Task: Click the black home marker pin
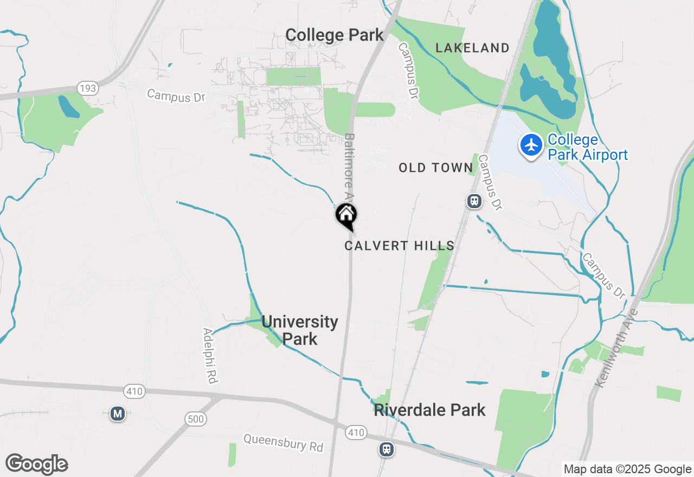point(346,216)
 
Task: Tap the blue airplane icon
point(531,145)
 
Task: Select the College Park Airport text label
point(588,147)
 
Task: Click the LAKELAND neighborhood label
point(473,48)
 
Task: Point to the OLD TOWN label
point(436,168)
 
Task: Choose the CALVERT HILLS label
point(399,246)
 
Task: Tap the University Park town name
point(299,330)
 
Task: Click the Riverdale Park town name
point(429,410)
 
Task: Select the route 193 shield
point(87,88)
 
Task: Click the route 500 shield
point(195,418)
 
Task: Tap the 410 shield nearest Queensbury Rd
point(356,433)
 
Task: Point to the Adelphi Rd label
point(210,356)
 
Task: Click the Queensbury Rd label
point(283,443)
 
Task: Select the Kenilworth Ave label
point(618,347)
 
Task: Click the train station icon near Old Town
point(474,201)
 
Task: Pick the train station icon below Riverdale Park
point(387,449)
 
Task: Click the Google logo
point(36,465)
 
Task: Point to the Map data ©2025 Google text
point(627,469)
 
